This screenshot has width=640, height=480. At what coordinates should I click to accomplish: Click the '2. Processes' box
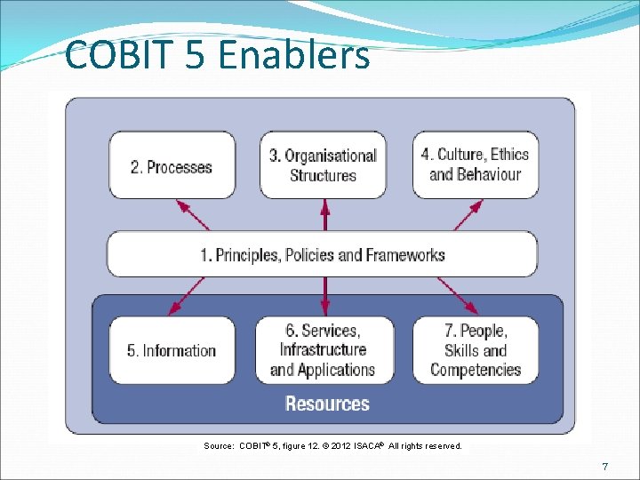click(x=172, y=166)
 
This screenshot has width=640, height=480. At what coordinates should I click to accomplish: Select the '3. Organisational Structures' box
click(x=323, y=165)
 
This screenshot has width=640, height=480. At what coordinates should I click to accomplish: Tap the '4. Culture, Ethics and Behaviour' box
click(x=475, y=164)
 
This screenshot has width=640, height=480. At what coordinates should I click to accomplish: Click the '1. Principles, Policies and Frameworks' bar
click(x=322, y=255)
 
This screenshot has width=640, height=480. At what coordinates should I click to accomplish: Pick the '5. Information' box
click(x=172, y=350)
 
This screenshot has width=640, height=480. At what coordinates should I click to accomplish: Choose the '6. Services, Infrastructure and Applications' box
click(x=323, y=350)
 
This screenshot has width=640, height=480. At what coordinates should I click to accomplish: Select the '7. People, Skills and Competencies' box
click(x=476, y=350)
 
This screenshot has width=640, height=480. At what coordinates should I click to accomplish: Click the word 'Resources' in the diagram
click(x=327, y=404)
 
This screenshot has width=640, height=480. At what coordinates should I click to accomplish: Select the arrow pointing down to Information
click(x=188, y=296)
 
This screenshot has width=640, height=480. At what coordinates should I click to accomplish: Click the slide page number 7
click(x=604, y=467)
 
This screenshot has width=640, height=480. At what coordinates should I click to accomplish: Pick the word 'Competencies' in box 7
click(x=476, y=370)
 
